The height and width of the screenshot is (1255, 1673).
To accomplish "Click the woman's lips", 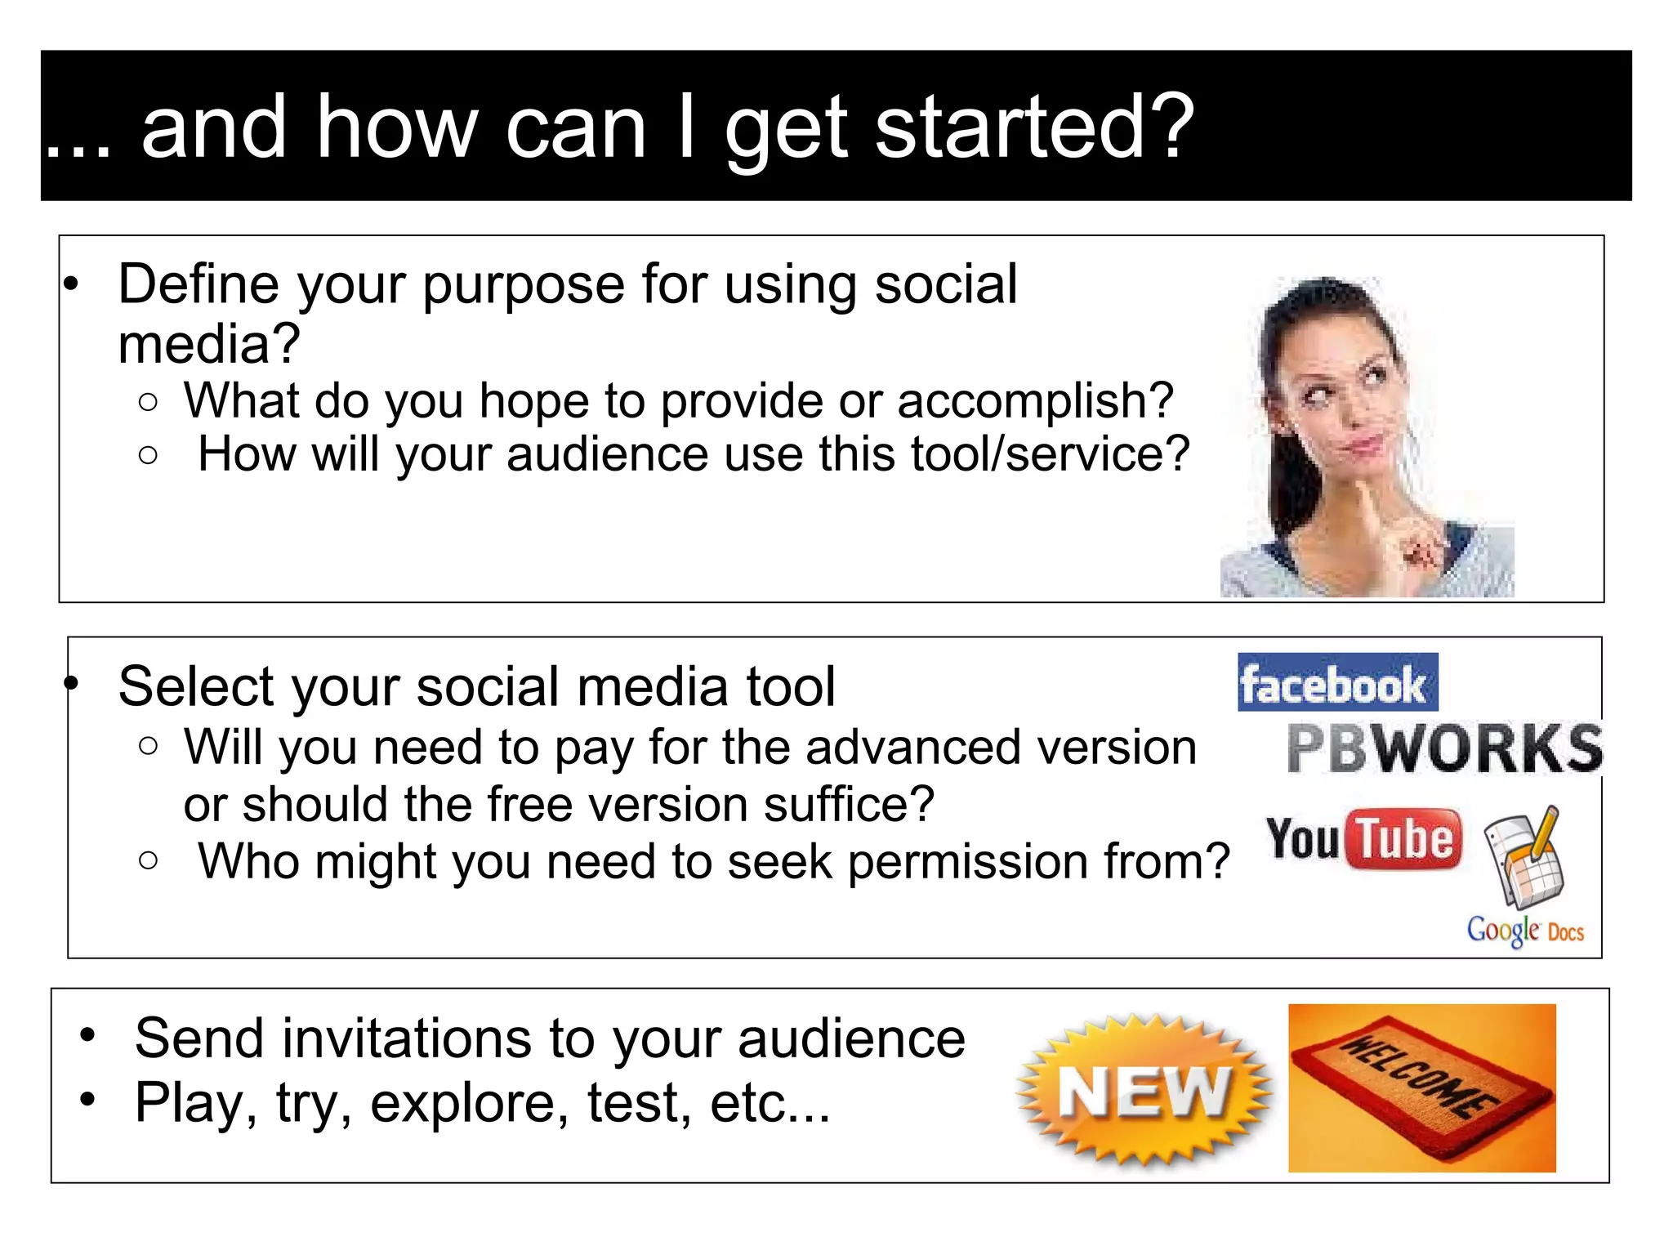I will [1366, 445].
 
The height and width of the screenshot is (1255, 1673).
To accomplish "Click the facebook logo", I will [1336, 683].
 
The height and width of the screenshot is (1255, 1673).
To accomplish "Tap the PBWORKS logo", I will [1444, 748].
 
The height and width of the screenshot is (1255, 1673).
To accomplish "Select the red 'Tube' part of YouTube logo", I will [1404, 839].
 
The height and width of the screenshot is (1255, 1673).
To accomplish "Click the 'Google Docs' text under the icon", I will [1524, 931].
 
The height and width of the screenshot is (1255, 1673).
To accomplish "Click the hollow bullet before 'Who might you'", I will [148, 860].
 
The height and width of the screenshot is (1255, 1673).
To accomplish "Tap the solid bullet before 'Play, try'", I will [87, 1100].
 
